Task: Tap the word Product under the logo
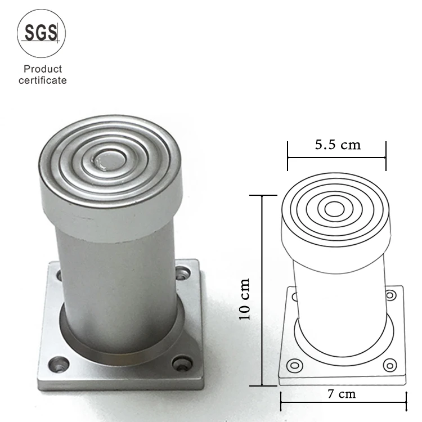[x=42, y=69]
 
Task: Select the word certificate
[x=42, y=80]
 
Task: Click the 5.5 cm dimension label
[x=338, y=145]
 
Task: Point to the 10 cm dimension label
[x=245, y=299]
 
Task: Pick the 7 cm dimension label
[x=342, y=394]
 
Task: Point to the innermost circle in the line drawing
[x=334, y=208]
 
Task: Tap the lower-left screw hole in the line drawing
[x=293, y=366]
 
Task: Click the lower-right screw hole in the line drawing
[x=389, y=365]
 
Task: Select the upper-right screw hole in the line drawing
[x=390, y=296]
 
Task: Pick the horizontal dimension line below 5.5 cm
[x=336, y=158]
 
